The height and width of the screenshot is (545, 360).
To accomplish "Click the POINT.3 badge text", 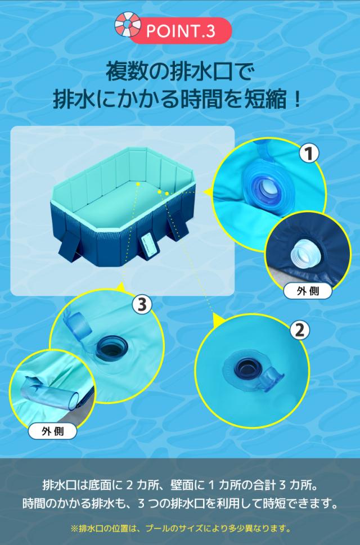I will tap(180, 31).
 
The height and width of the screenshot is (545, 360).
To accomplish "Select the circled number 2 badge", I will tap(299, 330).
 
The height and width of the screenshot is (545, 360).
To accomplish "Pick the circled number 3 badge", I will tap(142, 305).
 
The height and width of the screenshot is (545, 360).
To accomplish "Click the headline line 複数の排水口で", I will tap(180, 71).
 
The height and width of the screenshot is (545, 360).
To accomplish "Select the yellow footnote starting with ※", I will tap(180, 528).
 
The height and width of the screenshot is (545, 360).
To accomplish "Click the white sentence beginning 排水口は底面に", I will tap(180, 485).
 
